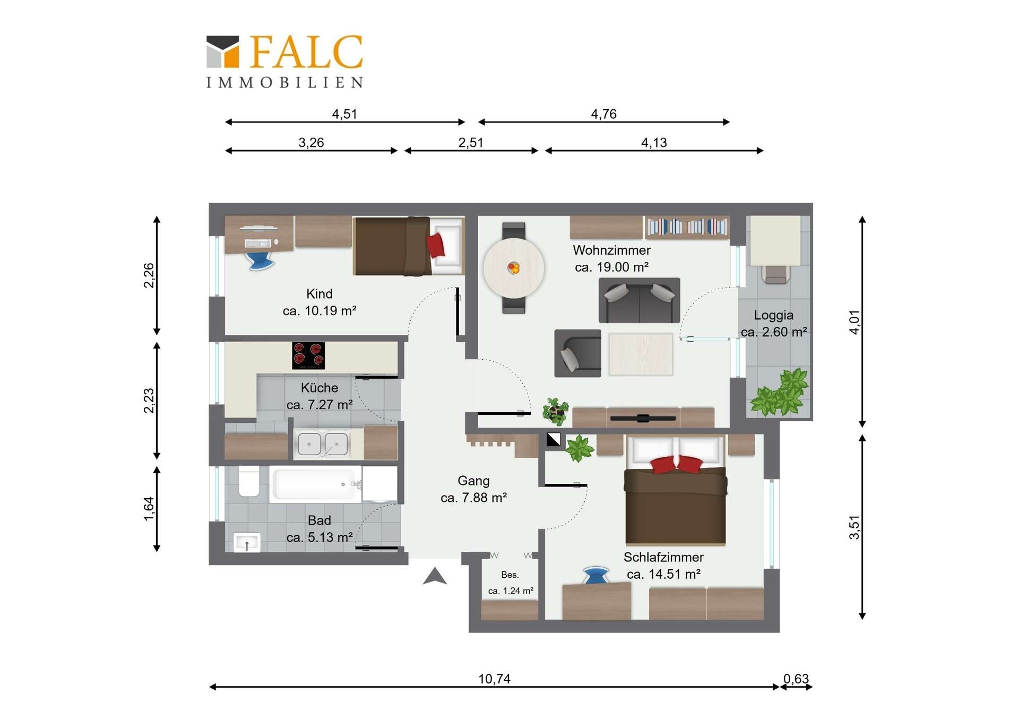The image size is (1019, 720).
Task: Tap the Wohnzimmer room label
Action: [611, 250]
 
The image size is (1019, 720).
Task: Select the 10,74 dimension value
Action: [494, 679]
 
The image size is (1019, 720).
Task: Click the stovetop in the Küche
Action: [308, 355]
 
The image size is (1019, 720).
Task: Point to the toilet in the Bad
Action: [249, 481]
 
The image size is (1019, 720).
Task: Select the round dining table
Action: [514, 268]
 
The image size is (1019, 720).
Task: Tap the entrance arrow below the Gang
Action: [435, 576]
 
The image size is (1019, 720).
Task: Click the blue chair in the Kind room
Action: [260, 261]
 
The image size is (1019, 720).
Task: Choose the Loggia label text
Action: [774, 315]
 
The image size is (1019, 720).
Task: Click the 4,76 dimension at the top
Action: [604, 114]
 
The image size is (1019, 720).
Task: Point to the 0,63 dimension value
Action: [796, 679]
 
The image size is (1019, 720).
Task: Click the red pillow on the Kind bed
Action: [436, 245]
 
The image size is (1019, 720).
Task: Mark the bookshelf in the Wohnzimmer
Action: [687, 227]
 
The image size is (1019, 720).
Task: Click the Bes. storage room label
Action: [510, 575]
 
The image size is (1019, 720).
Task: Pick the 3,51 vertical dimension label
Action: [854, 527]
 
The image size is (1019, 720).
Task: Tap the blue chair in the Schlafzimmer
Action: [596, 575]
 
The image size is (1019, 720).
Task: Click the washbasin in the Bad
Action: [247, 542]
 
